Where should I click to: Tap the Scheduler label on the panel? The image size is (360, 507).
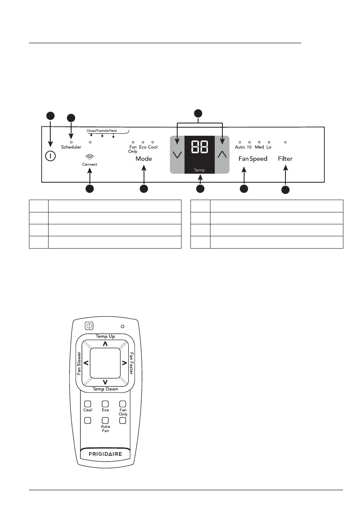click(71, 147)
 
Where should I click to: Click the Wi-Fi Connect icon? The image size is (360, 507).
click(90, 157)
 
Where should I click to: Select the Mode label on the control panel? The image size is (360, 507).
click(144, 159)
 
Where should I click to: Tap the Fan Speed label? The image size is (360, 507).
click(253, 159)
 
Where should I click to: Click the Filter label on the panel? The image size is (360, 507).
click(285, 159)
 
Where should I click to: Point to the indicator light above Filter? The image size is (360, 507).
click(285, 142)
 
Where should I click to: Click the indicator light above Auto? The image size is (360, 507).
click(240, 142)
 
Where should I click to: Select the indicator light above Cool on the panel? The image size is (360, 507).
click(153, 142)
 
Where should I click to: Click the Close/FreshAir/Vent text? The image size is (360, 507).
click(102, 131)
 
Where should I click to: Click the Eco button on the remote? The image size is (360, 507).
click(105, 404)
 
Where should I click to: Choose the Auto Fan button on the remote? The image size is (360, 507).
click(105, 420)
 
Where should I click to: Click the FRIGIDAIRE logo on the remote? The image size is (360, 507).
click(105, 454)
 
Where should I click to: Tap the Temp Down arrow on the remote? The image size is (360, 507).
click(105, 381)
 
